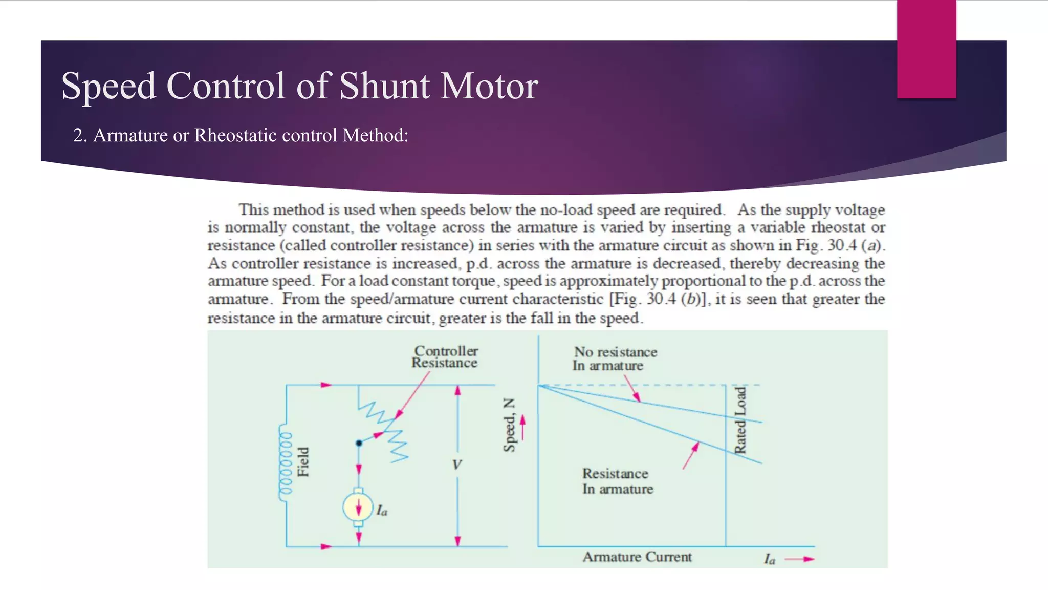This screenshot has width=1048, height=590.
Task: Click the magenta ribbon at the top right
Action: tap(926, 49)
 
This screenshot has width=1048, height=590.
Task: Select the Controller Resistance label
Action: tap(445, 357)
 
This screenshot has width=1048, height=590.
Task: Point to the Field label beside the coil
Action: tap(303, 461)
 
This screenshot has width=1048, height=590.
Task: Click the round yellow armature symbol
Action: tap(358, 507)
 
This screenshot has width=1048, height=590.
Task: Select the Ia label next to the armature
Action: tap(382, 511)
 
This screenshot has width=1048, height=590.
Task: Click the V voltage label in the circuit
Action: tap(456, 465)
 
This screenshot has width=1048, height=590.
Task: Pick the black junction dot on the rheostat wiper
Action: tap(359, 443)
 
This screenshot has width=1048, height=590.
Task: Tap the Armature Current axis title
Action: tap(637, 557)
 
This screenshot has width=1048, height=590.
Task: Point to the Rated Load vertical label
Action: tap(740, 420)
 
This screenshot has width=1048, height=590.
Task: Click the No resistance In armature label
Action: tap(615, 359)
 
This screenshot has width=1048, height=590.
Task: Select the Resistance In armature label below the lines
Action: tap(617, 481)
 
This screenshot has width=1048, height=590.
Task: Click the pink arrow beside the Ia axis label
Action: tap(799, 559)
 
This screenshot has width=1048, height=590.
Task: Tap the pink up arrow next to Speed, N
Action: tap(522, 427)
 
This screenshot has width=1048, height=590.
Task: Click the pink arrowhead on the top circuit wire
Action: tap(326, 385)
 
